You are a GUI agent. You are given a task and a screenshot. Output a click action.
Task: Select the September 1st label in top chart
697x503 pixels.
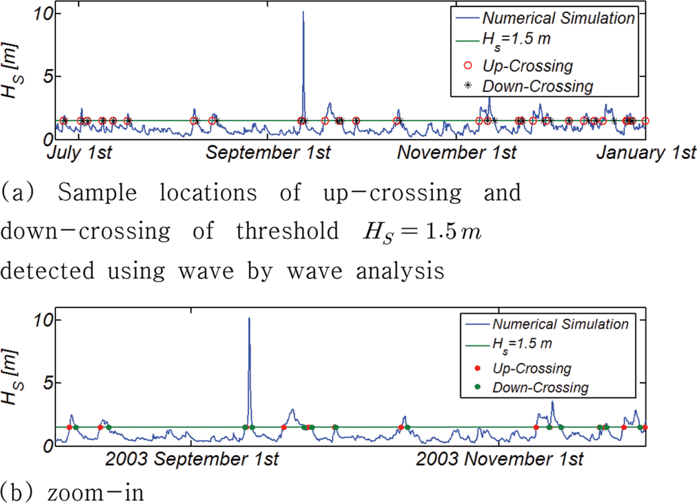click(268, 152)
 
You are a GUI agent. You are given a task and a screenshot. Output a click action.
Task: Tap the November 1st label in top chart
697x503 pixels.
click(457, 152)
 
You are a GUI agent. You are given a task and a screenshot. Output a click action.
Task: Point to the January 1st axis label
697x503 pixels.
click(646, 152)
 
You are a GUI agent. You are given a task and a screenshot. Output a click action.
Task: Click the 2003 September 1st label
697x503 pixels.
click(192, 459)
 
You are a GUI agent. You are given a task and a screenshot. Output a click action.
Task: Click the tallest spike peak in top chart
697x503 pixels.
click(303, 12)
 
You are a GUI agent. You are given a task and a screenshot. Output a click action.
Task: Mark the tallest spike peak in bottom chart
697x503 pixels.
click(249, 319)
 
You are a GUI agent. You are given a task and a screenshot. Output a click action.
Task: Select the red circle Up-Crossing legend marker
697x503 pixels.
click(468, 65)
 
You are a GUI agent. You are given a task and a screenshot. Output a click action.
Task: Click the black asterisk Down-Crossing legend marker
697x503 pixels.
click(468, 85)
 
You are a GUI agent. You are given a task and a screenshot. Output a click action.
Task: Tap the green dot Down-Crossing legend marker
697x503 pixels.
click(477, 387)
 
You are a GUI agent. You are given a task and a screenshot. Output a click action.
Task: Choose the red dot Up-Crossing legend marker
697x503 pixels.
click(477, 368)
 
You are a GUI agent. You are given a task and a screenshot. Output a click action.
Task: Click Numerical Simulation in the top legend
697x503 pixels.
click(558, 18)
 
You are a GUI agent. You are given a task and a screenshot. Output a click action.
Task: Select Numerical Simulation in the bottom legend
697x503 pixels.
click(560, 324)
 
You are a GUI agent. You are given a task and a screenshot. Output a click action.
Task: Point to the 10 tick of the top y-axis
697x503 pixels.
click(43, 14)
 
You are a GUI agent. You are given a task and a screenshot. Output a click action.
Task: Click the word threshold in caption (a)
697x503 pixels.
click(287, 231)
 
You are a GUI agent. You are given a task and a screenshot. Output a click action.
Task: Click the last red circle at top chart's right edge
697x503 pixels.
click(645, 121)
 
